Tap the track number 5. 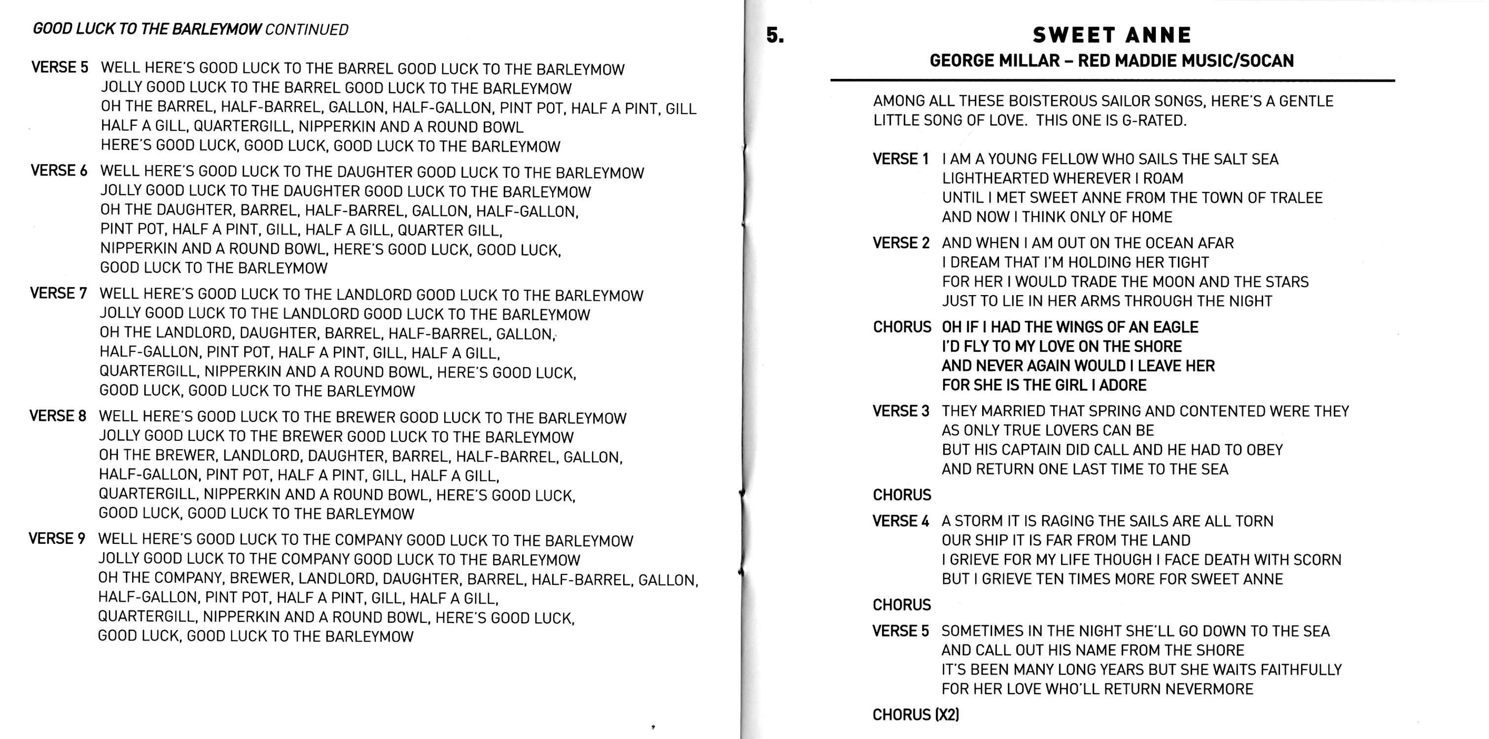775,35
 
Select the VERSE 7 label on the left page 58,294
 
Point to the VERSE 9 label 57,538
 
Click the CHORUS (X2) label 916,715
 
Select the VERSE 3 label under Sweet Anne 901,411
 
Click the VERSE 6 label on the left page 59,171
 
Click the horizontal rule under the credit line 1112,80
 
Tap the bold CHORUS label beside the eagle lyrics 902,327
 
